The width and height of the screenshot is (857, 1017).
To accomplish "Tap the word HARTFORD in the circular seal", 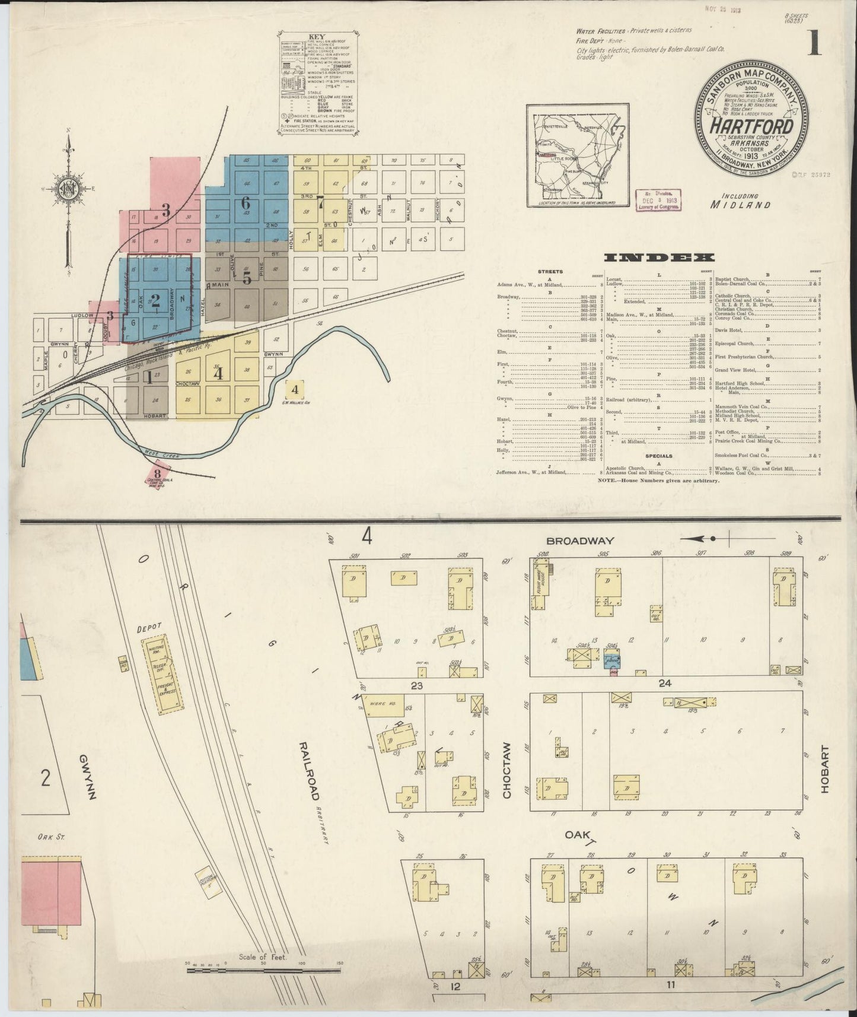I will pyautogui.click(x=752, y=126).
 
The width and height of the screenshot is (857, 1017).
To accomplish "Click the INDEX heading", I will pyautogui.click(x=658, y=258).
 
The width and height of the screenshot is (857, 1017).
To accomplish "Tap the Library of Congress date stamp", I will pyautogui.click(x=658, y=201).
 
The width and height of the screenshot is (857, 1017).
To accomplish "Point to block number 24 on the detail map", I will pyautogui.click(x=664, y=684).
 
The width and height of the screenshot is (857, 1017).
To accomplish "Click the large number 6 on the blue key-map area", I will pyautogui.click(x=246, y=203).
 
